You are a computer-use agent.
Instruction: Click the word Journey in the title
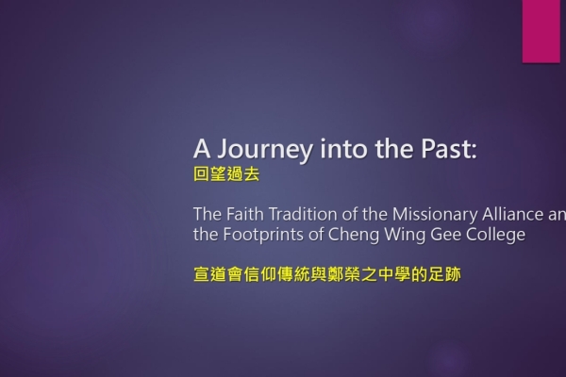coord(265,149)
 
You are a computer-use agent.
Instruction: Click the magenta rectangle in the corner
coord(541,31)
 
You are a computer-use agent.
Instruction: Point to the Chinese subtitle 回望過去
coord(226,174)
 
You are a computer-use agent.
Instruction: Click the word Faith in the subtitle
coord(245,214)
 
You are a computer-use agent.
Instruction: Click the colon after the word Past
coord(474,153)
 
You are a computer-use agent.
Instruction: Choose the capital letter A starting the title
coord(202,149)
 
